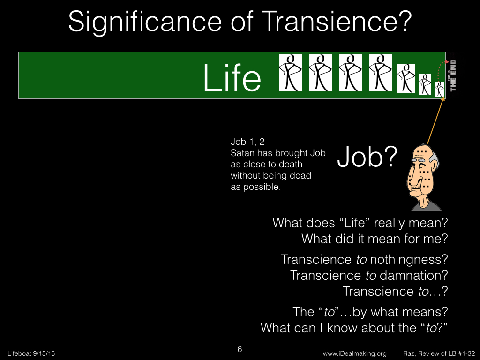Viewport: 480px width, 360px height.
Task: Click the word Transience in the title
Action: [337, 22]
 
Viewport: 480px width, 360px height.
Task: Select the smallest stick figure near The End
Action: [440, 90]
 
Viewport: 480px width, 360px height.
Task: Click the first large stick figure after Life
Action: [290, 73]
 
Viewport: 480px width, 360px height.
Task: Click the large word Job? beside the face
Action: [367, 157]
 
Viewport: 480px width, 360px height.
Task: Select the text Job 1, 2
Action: [247, 142]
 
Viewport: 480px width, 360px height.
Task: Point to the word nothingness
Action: [409, 260]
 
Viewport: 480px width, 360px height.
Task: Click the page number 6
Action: [240, 349]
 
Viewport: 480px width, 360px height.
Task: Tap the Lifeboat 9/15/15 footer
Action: [31, 353]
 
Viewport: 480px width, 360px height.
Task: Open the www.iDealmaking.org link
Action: [354, 353]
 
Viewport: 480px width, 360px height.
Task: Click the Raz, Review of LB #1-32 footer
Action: [439, 353]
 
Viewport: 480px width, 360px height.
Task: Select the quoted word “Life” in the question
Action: [355, 223]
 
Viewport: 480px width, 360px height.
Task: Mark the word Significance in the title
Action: [145, 22]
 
